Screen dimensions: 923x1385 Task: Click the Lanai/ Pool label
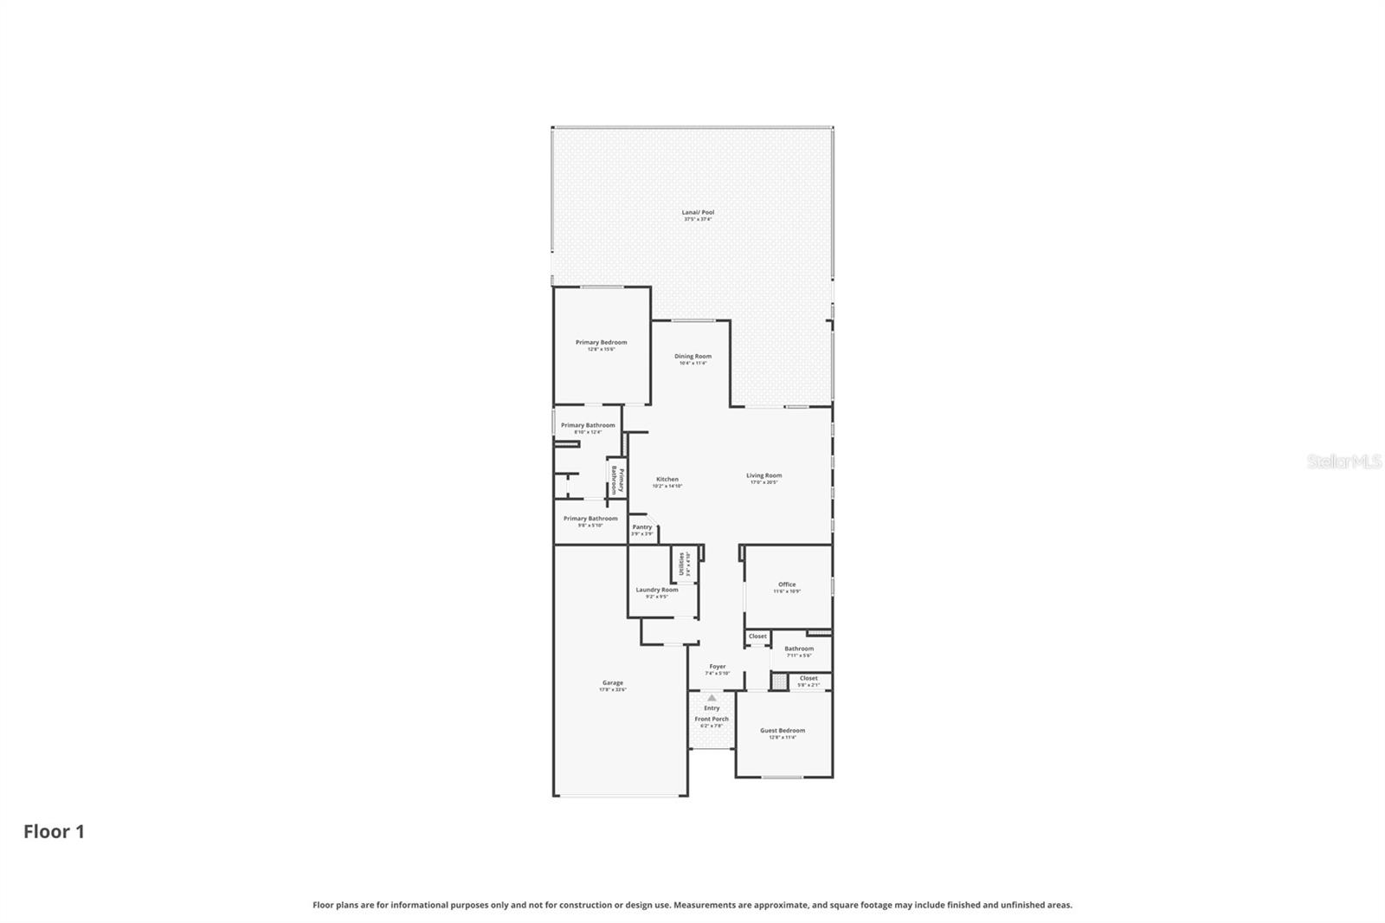[698, 213]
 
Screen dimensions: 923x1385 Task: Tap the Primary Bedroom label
[601, 343]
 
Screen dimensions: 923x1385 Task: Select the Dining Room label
[692, 357]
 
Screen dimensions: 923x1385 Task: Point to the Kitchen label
[667, 480]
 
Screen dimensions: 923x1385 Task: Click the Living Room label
[763, 476]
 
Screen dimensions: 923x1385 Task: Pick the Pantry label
[641, 527]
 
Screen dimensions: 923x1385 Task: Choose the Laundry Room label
[656, 591]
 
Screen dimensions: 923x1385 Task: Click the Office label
[786, 584]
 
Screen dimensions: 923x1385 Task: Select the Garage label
[612, 683]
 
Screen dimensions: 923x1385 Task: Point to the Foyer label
[717, 667]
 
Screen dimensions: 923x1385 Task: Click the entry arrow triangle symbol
[712, 697]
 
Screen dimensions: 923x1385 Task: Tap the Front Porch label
[712, 720]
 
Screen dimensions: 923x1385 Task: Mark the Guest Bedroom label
[782, 731]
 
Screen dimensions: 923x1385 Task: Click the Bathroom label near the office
[798, 649]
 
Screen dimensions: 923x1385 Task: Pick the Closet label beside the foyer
[757, 636]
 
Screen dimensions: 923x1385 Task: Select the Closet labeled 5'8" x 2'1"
[808, 679]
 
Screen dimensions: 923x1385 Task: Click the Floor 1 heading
[54, 832]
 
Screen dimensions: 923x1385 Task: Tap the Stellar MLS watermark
[1343, 462]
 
